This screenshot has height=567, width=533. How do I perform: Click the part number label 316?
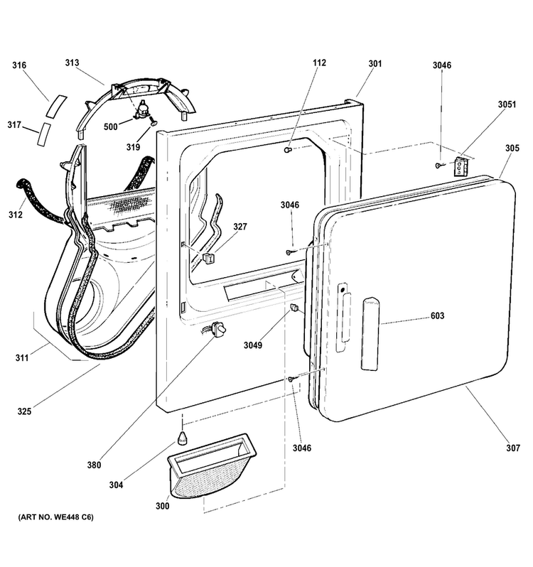pyautogui.click(x=19, y=65)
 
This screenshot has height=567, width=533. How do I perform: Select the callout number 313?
pyautogui.click(x=72, y=63)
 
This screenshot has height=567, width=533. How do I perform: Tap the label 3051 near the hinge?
pyautogui.click(x=507, y=104)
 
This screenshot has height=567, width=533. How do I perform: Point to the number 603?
pyautogui.click(x=437, y=315)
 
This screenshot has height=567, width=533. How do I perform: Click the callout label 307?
pyautogui.click(x=513, y=448)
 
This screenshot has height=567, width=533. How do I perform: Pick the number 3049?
pyautogui.click(x=253, y=345)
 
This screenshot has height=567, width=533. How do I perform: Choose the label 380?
pyautogui.click(x=94, y=465)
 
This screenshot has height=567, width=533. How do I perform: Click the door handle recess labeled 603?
pyautogui.click(x=370, y=334)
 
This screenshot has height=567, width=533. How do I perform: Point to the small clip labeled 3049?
pyautogui.click(x=294, y=308)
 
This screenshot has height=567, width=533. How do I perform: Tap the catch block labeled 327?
pyautogui.click(x=209, y=258)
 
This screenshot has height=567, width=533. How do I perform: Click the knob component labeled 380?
pyautogui.click(x=218, y=330)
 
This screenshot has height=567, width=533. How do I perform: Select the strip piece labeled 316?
pyautogui.click(x=56, y=106)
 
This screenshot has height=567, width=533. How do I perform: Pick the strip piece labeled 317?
pyautogui.click(x=44, y=134)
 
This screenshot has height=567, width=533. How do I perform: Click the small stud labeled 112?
pyautogui.click(x=288, y=149)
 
